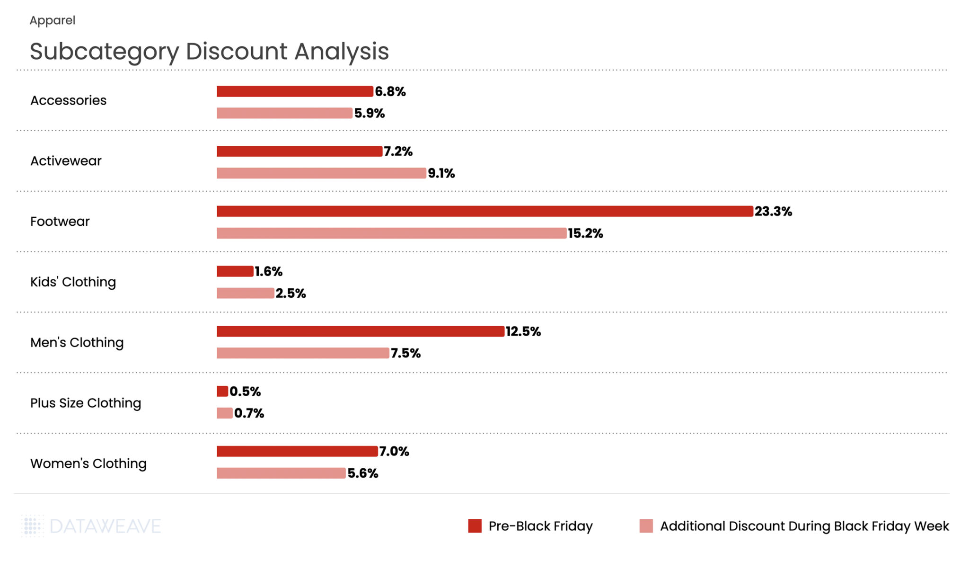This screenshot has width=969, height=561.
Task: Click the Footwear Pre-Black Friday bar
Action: tap(484, 211)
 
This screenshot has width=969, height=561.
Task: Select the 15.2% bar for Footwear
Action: tap(391, 233)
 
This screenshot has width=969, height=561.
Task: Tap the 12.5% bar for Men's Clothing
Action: tap(360, 331)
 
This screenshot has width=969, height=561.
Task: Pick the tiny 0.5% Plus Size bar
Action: tap(222, 391)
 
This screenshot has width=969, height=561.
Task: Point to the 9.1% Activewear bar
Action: tap(321, 173)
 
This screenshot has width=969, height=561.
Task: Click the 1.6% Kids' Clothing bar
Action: tap(235, 271)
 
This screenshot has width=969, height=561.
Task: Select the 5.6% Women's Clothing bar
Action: tap(281, 473)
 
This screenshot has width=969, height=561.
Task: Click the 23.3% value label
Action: tap(773, 211)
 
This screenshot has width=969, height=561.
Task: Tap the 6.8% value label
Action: tap(390, 91)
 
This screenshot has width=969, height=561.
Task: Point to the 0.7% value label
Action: tap(249, 413)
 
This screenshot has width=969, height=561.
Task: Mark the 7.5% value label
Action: tap(405, 353)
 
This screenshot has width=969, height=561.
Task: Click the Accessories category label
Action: tap(68, 100)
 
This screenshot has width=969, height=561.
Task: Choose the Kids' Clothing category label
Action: tap(73, 282)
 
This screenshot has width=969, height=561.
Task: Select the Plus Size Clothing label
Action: tap(86, 403)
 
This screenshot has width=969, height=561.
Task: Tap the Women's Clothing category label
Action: tap(88, 463)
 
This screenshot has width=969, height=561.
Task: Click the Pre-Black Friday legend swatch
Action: tap(475, 526)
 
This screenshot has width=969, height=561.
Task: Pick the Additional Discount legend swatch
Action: tap(646, 526)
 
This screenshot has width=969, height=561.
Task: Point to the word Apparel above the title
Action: tap(52, 20)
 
